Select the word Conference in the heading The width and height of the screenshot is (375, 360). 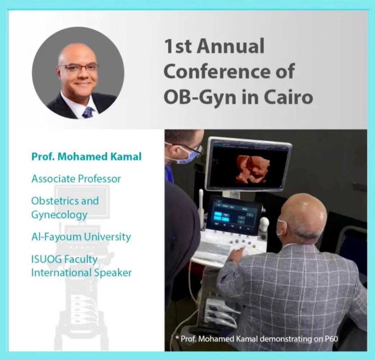click(216, 71)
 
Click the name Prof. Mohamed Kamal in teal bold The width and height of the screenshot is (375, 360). click(87, 157)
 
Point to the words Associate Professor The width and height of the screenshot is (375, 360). click(76, 179)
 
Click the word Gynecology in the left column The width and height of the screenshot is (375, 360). click(59, 215)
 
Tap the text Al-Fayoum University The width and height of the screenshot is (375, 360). click(81, 237)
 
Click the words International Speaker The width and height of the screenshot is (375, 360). click(81, 273)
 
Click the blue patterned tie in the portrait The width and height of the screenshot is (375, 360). click(88, 113)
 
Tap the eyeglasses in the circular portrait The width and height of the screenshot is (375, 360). click(79, 68)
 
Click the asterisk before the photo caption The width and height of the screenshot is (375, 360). click(177, 338)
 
